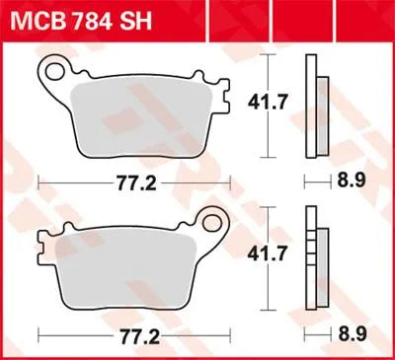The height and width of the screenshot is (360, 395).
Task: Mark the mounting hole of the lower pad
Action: click(x=211, y=224)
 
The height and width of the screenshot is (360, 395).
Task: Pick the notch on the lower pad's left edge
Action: click(x=41, y=242)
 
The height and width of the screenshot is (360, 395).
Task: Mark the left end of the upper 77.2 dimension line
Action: click(x=38, y=183)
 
